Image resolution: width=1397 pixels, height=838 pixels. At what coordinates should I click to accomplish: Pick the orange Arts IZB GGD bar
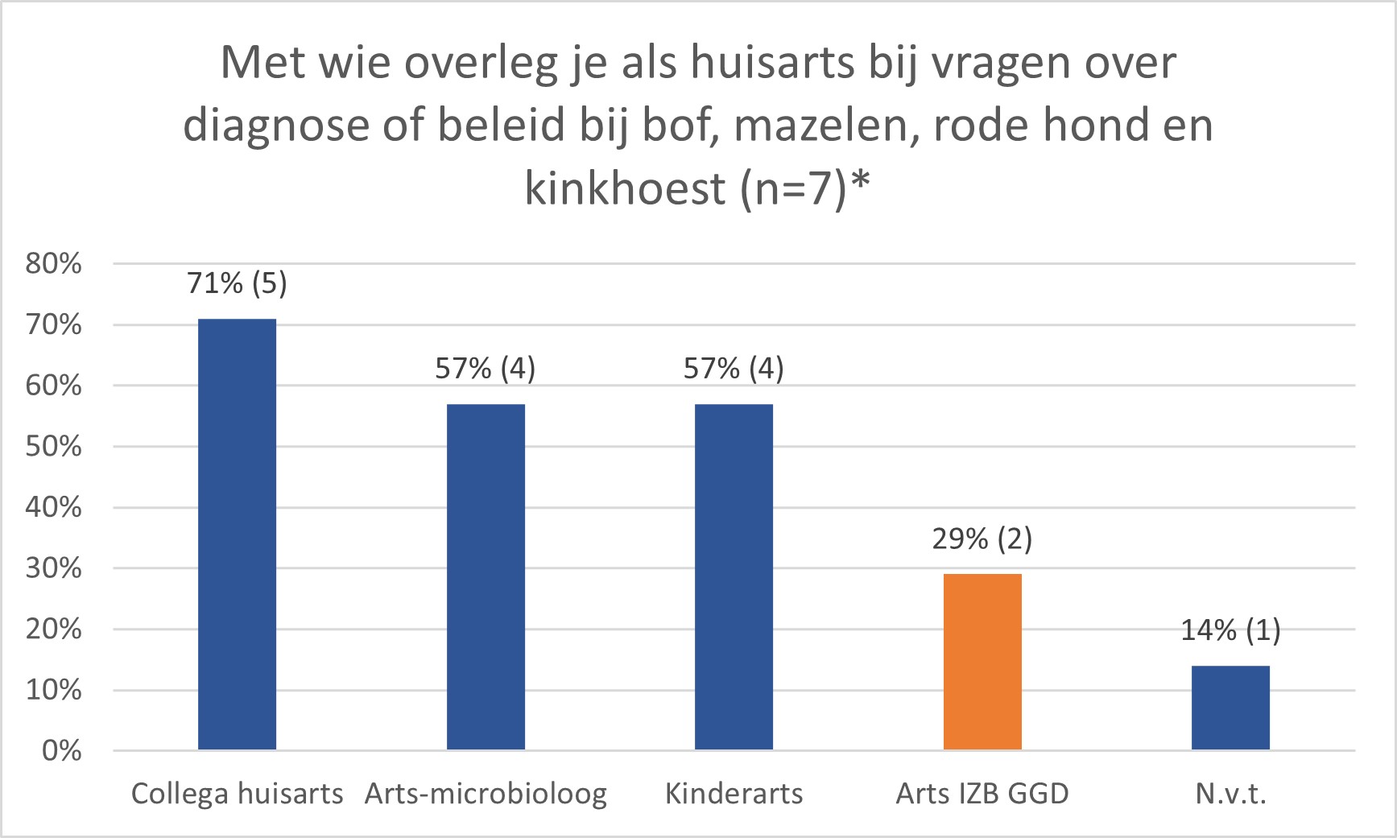[x=982, y=662]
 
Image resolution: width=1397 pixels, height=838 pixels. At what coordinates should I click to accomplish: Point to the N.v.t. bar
[x=1230, y=708]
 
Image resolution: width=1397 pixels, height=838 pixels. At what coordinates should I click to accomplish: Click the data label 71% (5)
[x=237, y=283]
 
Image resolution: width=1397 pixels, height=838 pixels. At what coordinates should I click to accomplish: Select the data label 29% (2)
[x=982, y=539]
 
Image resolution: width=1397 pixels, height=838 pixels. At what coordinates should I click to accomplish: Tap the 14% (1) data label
[x=1230, y=630]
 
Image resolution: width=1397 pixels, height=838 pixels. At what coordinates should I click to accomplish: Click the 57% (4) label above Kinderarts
[x=734, y=369]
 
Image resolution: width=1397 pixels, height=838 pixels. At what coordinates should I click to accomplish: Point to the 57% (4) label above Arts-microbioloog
[x=486, y=369]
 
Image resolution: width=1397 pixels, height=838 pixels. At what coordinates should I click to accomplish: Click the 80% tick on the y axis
[x=54, y=263]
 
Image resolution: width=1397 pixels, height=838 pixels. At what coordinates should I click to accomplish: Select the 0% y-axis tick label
[x=61, y=751]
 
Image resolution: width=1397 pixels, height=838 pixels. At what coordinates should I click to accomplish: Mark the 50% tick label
[x=54, y=447]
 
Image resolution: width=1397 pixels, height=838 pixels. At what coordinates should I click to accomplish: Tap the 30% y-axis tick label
[x=54, y=568]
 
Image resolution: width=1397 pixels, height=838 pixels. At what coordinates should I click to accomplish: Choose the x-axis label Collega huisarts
[x=237, y=794]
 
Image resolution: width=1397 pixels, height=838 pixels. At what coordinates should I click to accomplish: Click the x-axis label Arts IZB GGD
[x=982, y=794]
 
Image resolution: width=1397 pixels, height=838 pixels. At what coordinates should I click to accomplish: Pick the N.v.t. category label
[x=1230, y=794]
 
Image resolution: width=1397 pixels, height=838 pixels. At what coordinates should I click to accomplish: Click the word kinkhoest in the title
[x=626, y=188]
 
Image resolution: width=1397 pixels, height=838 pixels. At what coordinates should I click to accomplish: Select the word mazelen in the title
[x=827, y=126]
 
